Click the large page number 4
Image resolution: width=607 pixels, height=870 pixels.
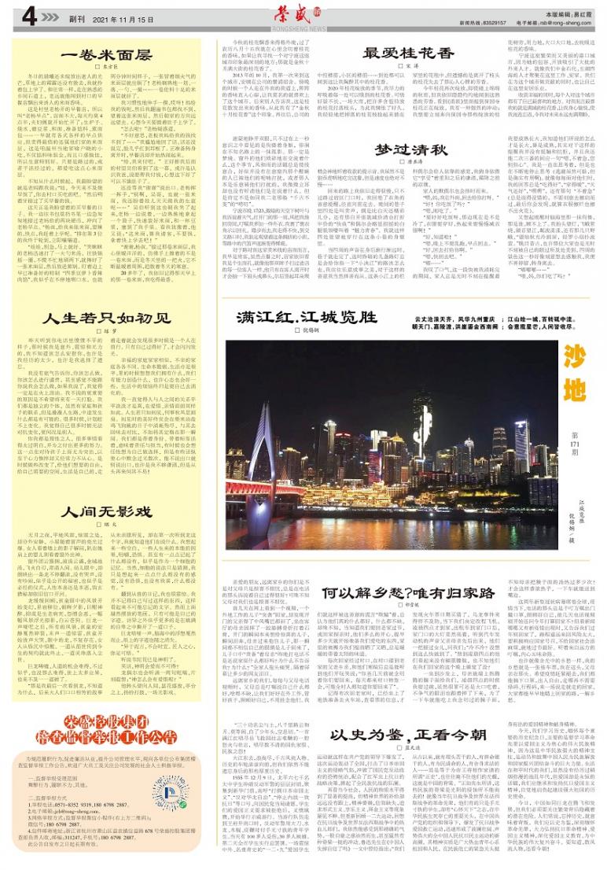(x=29, y=16)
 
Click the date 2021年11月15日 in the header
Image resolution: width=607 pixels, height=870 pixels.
(x=103, y=17)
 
